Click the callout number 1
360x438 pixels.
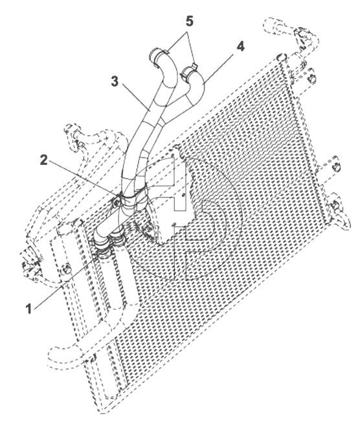click(x=28, y=309)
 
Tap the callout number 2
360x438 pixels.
click(x=44, y=160)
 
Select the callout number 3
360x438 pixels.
click(x=115, y=82)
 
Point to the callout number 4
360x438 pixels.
click(x=241, y=47)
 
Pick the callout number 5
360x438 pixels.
click(x=190, y=21)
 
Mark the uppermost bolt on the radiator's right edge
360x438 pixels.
click(x=311, y=79)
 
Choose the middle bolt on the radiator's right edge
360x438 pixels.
click(x=337, y=168)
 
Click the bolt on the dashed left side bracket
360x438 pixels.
click(x=67, y=269)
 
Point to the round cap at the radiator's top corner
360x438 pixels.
click(x=281, y=57)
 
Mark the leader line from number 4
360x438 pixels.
click(x=218, y=68)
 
